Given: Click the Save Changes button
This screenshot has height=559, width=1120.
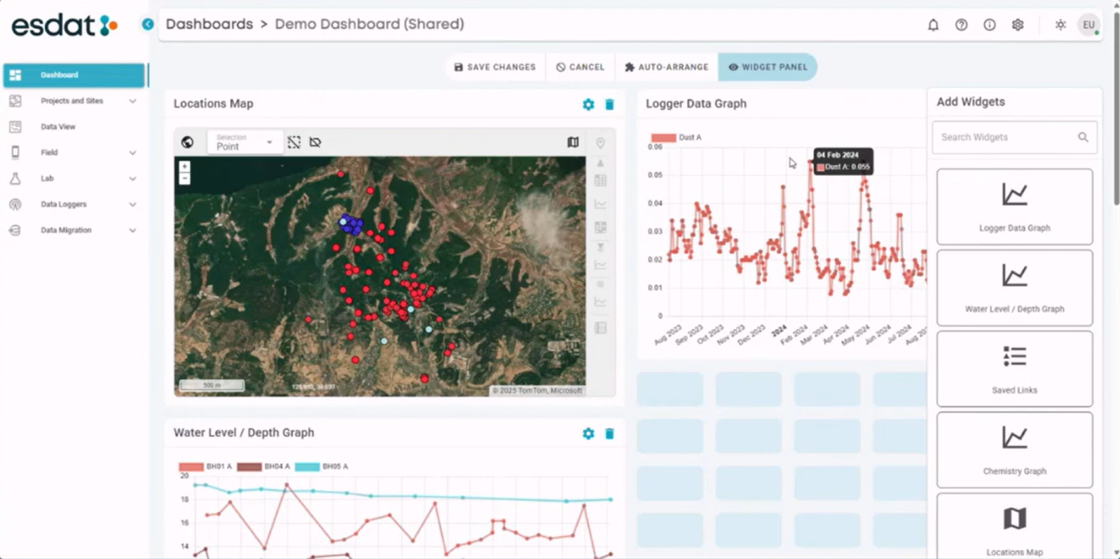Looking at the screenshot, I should [495, 67].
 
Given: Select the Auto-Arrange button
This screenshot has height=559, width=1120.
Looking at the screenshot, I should [666, 67].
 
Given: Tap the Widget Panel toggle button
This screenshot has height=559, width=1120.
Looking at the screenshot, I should [768, 67].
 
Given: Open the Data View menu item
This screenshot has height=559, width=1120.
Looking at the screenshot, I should [58, 127].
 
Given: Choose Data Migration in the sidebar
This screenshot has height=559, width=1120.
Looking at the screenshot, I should [66, 230].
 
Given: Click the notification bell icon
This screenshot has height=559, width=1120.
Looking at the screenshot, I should [933, 25].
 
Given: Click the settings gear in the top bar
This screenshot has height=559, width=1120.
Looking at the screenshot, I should [1018, 25].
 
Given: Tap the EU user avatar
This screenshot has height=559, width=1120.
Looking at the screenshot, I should [1088, 25].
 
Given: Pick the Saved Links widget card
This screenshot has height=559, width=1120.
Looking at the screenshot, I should [1014, 369].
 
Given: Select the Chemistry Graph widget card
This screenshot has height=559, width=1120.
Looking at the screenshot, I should [1014, 450].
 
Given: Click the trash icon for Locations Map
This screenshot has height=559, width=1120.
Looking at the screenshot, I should [609, 104].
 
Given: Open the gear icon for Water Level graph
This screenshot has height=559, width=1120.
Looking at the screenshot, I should [588, 434].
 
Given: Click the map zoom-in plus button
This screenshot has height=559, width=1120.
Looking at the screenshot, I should [184, 167].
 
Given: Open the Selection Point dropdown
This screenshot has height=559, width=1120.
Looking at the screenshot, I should [245, 142].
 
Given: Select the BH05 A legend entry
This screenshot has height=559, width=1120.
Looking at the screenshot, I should [322, 467].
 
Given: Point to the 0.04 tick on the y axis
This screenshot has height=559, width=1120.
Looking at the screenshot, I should [655, 203].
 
